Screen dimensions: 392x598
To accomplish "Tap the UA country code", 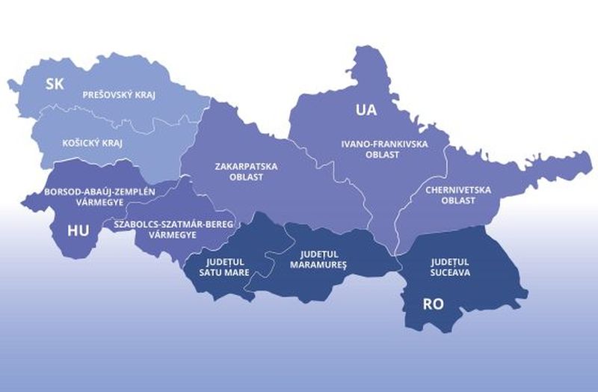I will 366,111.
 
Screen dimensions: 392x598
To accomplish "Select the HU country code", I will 78,230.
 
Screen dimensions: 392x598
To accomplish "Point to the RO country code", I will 434,304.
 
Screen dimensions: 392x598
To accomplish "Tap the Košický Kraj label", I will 93,142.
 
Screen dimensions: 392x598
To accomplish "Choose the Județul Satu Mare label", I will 226,268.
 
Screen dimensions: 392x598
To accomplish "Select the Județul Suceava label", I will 449,267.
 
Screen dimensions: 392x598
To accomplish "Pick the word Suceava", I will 449,273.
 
